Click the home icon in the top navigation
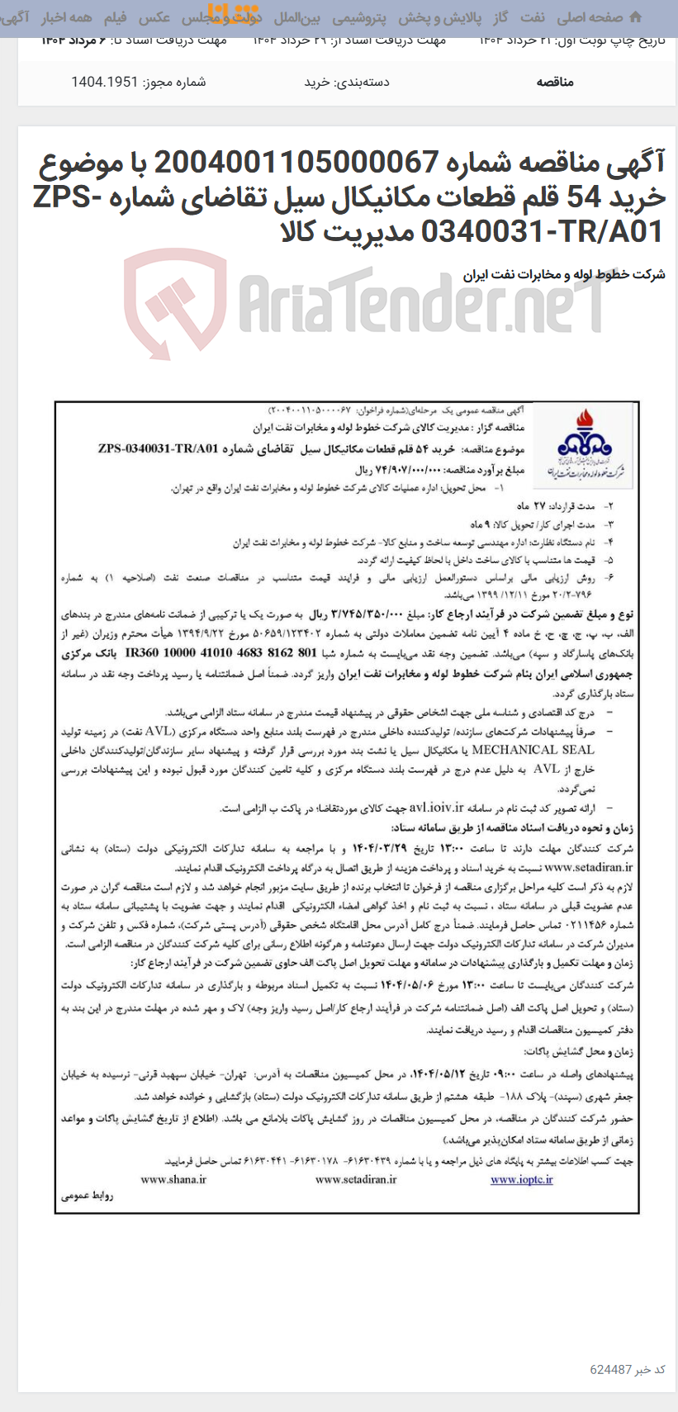(x=635, y=17)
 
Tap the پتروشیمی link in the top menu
(x=359, y=17)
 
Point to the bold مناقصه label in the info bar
(x=555, y=82)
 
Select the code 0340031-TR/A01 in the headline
(x=543, y=232)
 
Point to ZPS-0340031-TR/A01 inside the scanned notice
(x=158, y=449)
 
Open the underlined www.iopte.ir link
(x=522, y=1179)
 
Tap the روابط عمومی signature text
(x=86, y=1196)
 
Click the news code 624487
(x=611, y=1369)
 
